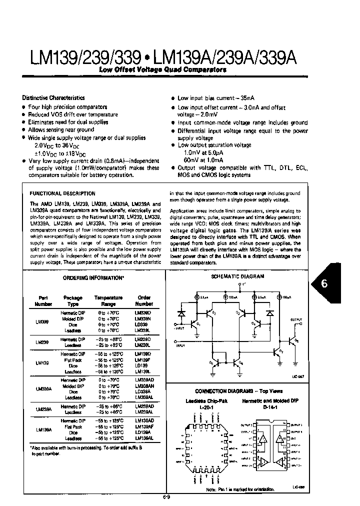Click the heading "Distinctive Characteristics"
(x=53, y=98)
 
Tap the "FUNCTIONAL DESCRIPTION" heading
(x=62, y=193)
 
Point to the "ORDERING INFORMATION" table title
(x=93, y=277)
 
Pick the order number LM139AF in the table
(x=144, y=427)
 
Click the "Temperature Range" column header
(x=108, y=300)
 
